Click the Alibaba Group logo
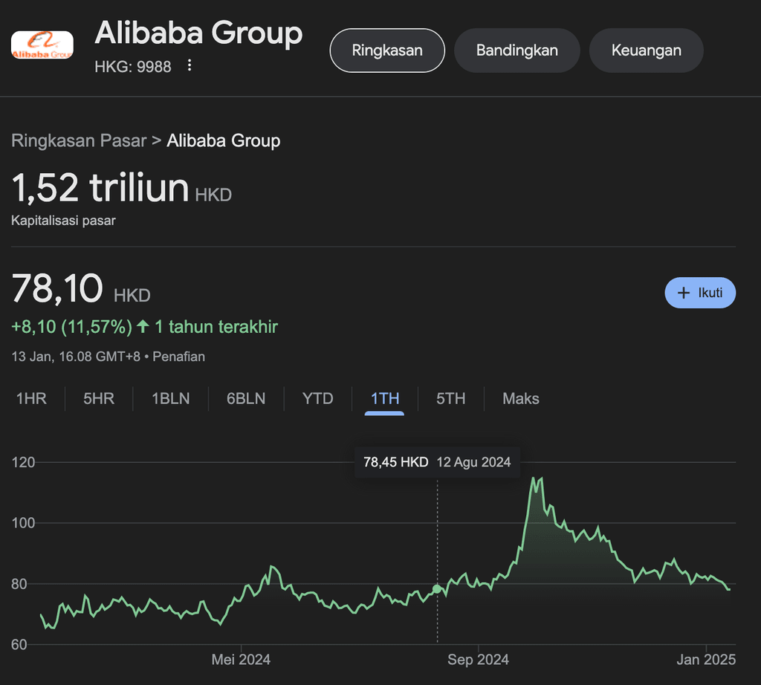tap(42, 45)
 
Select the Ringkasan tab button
tap(387, 51)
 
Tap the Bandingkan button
tap(517, 51)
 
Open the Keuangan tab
tap(647, 51)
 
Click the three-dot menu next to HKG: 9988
tap(190, 66)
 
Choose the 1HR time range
tap(31, 399)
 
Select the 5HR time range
tap(99, 399)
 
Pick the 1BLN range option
tap(171, 399)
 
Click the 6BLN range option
tap(246, 399)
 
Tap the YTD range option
tap(318, 399)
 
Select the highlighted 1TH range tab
tap(385, 399)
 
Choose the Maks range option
tap(521, 399)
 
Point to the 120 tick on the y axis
tap(24, 463)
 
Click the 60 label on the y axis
tap(20, 645)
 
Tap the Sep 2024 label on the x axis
tap(479, 660)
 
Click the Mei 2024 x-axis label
tap(241, 660)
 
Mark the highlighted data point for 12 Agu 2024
tap(437, 589)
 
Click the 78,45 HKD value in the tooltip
tap(395, 462)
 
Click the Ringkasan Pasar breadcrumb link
tap(79, 140)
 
